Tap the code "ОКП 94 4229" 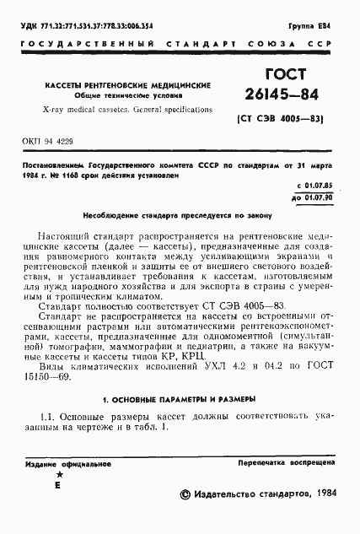(x=37, y=143)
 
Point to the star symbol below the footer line (x=57, y=476)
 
